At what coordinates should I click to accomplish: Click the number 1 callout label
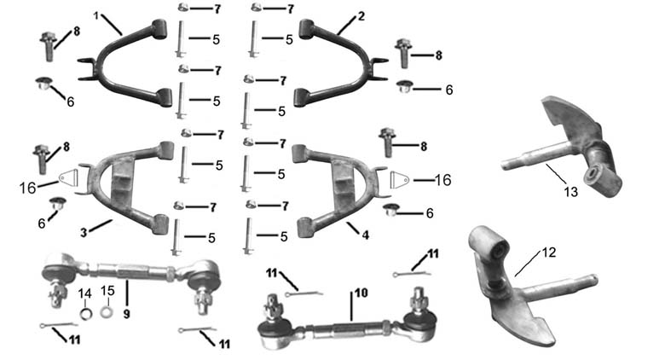(96, 15)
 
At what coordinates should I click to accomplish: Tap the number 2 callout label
(361, 16)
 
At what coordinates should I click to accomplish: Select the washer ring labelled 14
(86, 314)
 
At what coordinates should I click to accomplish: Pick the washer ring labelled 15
(107, 312)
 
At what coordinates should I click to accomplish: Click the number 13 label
(571, 192)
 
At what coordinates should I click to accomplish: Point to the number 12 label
(548, 253)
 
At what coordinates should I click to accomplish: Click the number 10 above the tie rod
(361, 293)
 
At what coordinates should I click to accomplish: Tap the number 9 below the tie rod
(126, 314)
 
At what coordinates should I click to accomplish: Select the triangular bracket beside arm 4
(399, 180)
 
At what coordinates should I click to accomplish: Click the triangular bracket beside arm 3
(70, 177)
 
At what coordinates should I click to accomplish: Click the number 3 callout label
(84, 232)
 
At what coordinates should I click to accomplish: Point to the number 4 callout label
(365, 235)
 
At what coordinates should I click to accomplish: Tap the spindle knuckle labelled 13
(562, 147)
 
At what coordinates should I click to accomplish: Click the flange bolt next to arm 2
(403, 53)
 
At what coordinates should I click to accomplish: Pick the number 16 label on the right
(442, 180)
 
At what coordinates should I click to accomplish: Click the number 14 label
(84, 293)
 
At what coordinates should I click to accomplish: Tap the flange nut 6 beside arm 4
(390, 210)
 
